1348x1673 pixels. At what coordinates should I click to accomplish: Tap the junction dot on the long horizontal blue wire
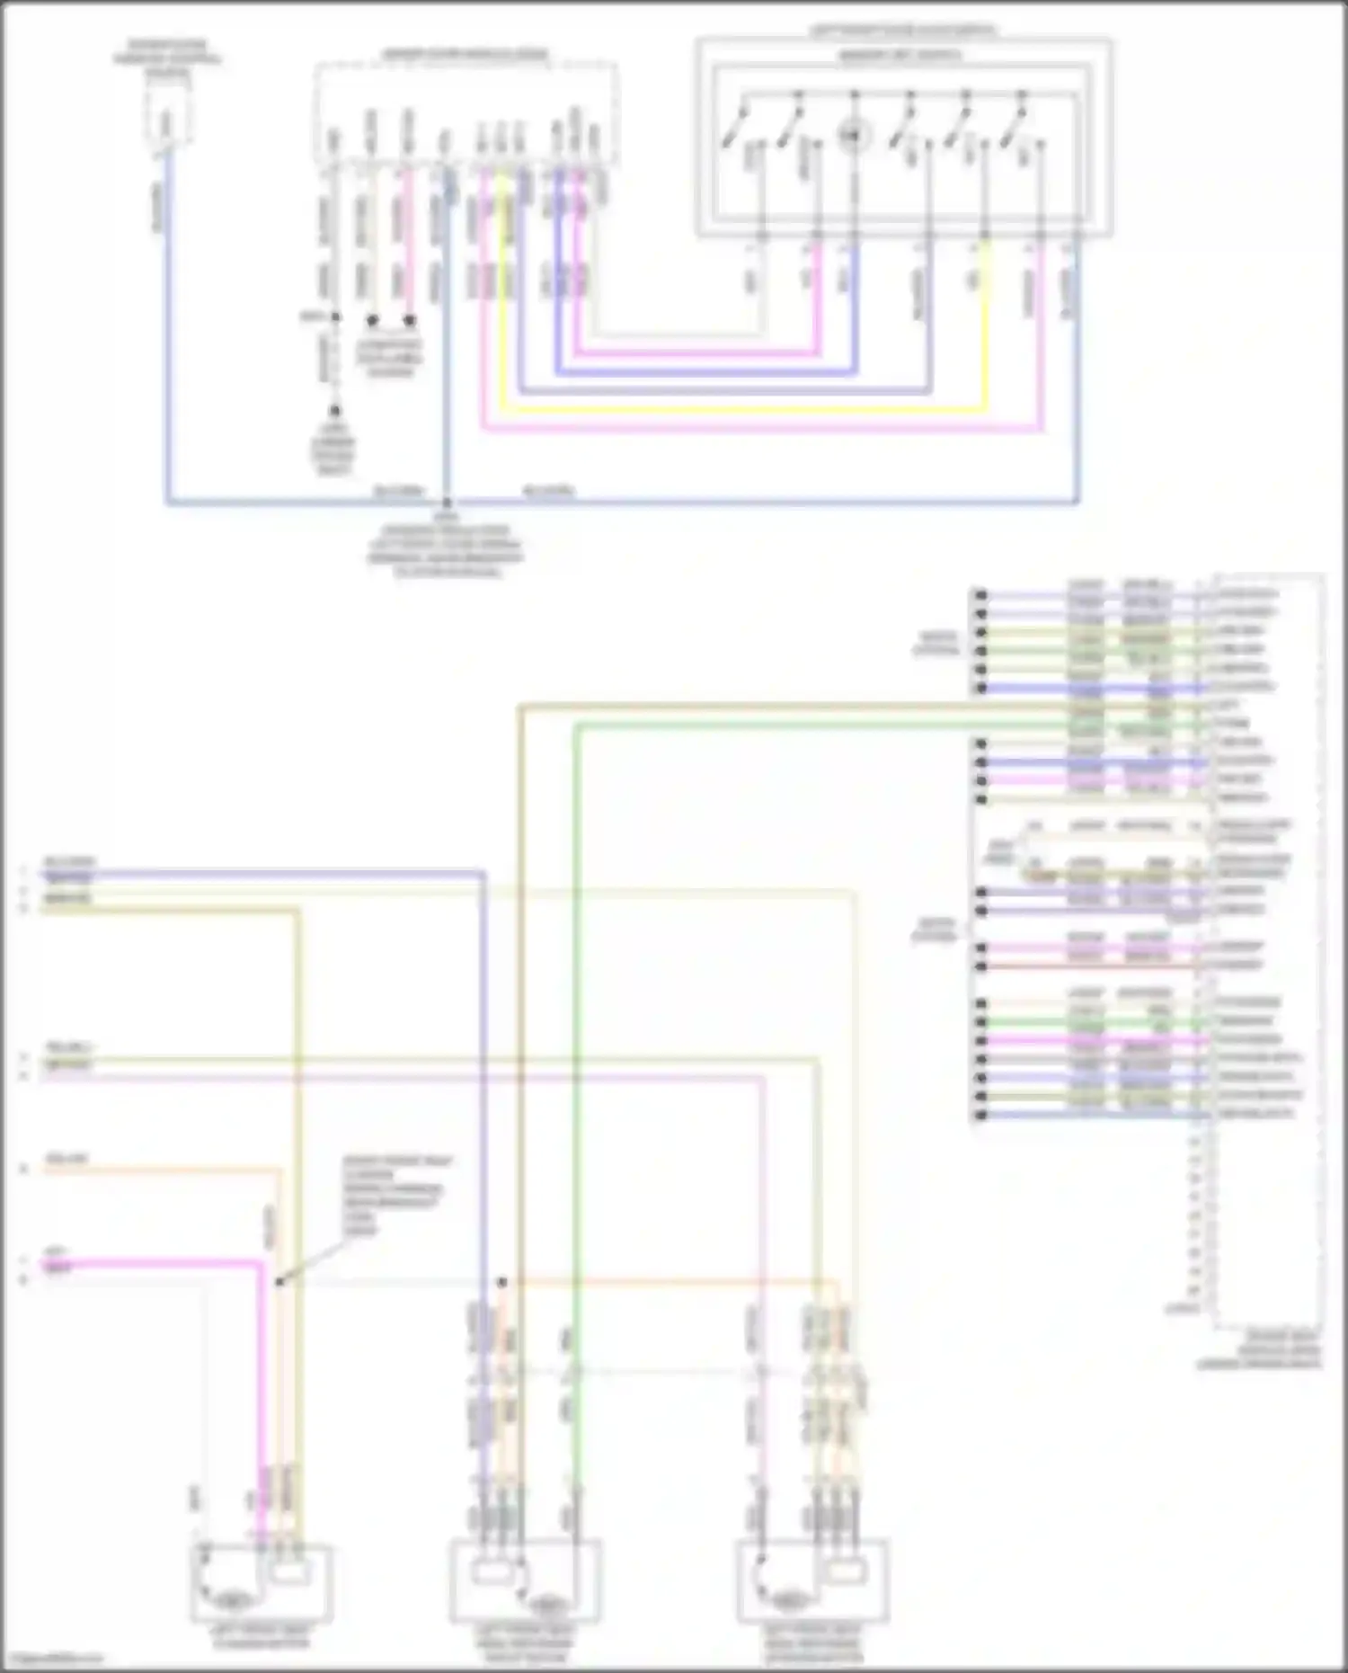coord(447,503)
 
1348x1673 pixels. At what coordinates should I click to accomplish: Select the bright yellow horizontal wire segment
coord(746,411)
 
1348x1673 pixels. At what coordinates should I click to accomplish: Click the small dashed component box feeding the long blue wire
coord(167,117)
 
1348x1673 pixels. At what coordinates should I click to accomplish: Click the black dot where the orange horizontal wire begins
coord(502,1282)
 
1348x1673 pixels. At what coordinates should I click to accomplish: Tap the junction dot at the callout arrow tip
coord(279,1282)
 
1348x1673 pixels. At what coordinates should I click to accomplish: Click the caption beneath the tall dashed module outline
coord(1258,1349)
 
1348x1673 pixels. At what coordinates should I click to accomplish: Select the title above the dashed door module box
coord(465,55)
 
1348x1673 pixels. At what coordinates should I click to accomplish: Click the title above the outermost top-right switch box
coord(902,31)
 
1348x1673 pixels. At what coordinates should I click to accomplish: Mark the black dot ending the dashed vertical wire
coord(334,411)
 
